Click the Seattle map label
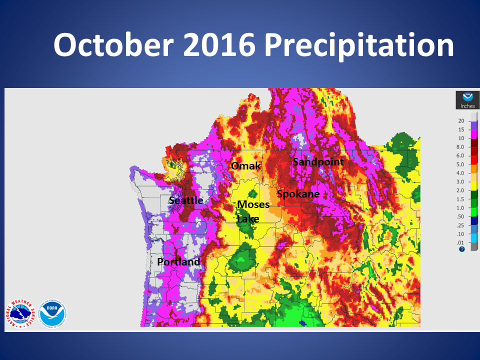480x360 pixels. pos(185,200)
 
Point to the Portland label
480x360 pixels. pos(178,262)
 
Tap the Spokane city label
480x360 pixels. pos(298,193)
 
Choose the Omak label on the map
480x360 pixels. pos(245,165)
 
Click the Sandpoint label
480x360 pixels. pos(318,161)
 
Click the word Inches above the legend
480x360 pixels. pos(467,106)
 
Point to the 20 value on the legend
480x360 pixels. pos(461,121)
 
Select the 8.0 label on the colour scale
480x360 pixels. pos(461,147)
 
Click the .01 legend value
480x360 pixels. pos(461,242)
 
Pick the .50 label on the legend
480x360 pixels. pos(461,216)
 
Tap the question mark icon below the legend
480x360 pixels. pos(461,249)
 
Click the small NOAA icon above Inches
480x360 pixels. pos(467,97)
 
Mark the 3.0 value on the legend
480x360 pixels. pos(461,181)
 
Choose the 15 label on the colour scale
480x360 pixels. pos(461,129)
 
